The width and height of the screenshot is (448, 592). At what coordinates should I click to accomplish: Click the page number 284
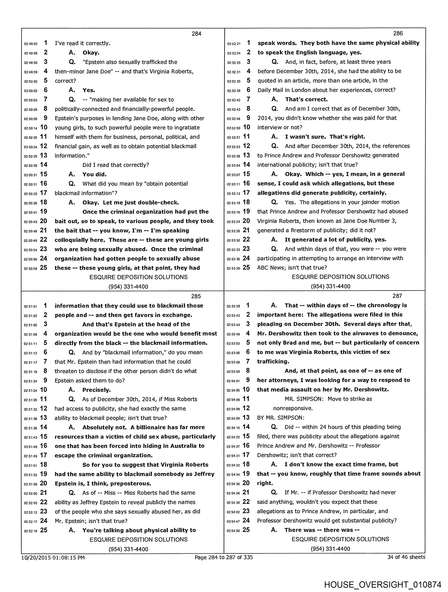[x=196, y=34]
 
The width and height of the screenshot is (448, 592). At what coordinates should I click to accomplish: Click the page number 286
[x=398, y=33]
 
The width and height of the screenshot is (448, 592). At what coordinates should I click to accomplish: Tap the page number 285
[x=196, y=296]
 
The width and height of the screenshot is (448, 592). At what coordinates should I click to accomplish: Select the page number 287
[x=397, y=296]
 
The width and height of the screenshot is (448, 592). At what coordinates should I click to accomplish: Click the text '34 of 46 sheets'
[x=406, y=557]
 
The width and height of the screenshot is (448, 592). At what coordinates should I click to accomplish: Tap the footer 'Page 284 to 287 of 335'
[x=223, y=557]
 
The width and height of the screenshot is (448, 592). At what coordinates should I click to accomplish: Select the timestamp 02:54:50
[x=233, y=531]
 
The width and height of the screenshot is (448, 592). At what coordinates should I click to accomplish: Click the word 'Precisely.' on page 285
[x=96, y=390]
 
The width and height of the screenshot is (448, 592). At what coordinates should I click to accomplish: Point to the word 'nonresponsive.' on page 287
[x=293, y=408]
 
